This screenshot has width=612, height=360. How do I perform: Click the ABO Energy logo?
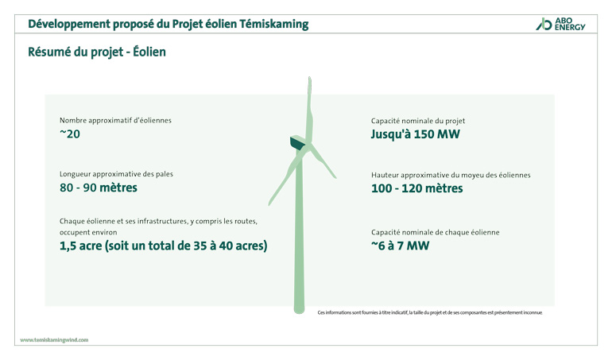coord(560,24)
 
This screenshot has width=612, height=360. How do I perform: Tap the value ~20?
coord(70,134)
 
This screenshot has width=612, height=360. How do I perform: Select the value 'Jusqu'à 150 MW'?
coord(415,134)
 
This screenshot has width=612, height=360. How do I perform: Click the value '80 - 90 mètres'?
coord(98,188)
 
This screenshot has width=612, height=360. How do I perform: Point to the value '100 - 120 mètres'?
coord(416,188)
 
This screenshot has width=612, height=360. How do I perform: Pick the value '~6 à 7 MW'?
coord(400,246)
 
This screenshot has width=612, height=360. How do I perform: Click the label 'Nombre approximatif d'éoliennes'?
coord(115,121)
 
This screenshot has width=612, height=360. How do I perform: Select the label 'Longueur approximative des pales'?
coord(116,174)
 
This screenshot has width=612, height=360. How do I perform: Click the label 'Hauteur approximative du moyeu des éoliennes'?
coord(450,175)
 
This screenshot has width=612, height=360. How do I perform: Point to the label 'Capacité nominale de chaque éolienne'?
coord(435,232)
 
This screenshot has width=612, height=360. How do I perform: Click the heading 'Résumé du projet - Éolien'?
coord(96,53)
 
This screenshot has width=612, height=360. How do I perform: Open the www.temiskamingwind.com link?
coord(54,339)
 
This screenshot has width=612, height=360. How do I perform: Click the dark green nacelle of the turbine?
coord(296,143)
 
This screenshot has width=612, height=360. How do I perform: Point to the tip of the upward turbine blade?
coord(309,79)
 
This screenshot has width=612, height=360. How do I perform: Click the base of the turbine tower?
coord(299,308)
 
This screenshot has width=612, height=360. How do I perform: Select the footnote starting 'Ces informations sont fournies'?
coord(429,312)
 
